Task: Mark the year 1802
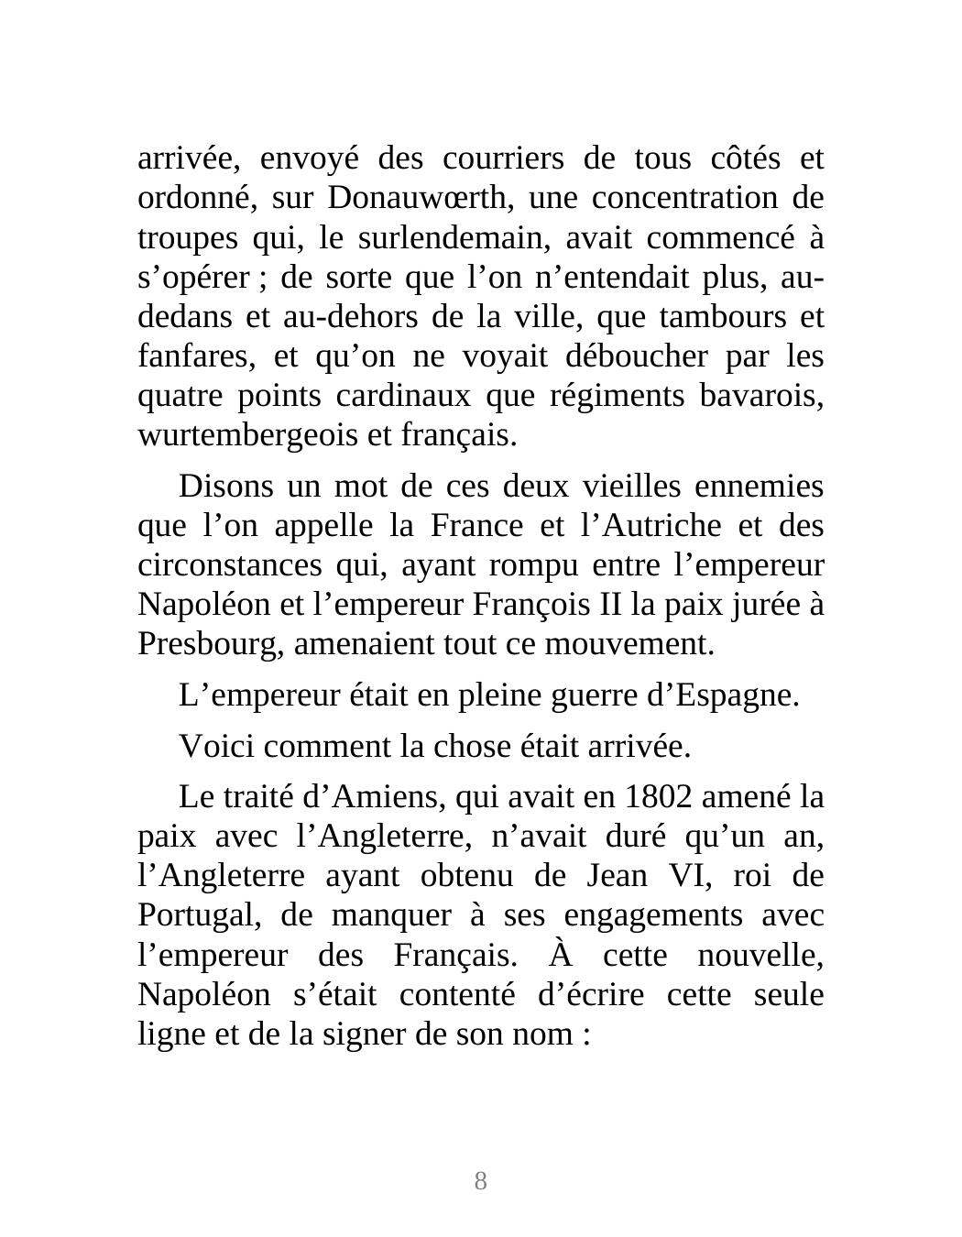click(657, 797)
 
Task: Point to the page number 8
click(481, 1181)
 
